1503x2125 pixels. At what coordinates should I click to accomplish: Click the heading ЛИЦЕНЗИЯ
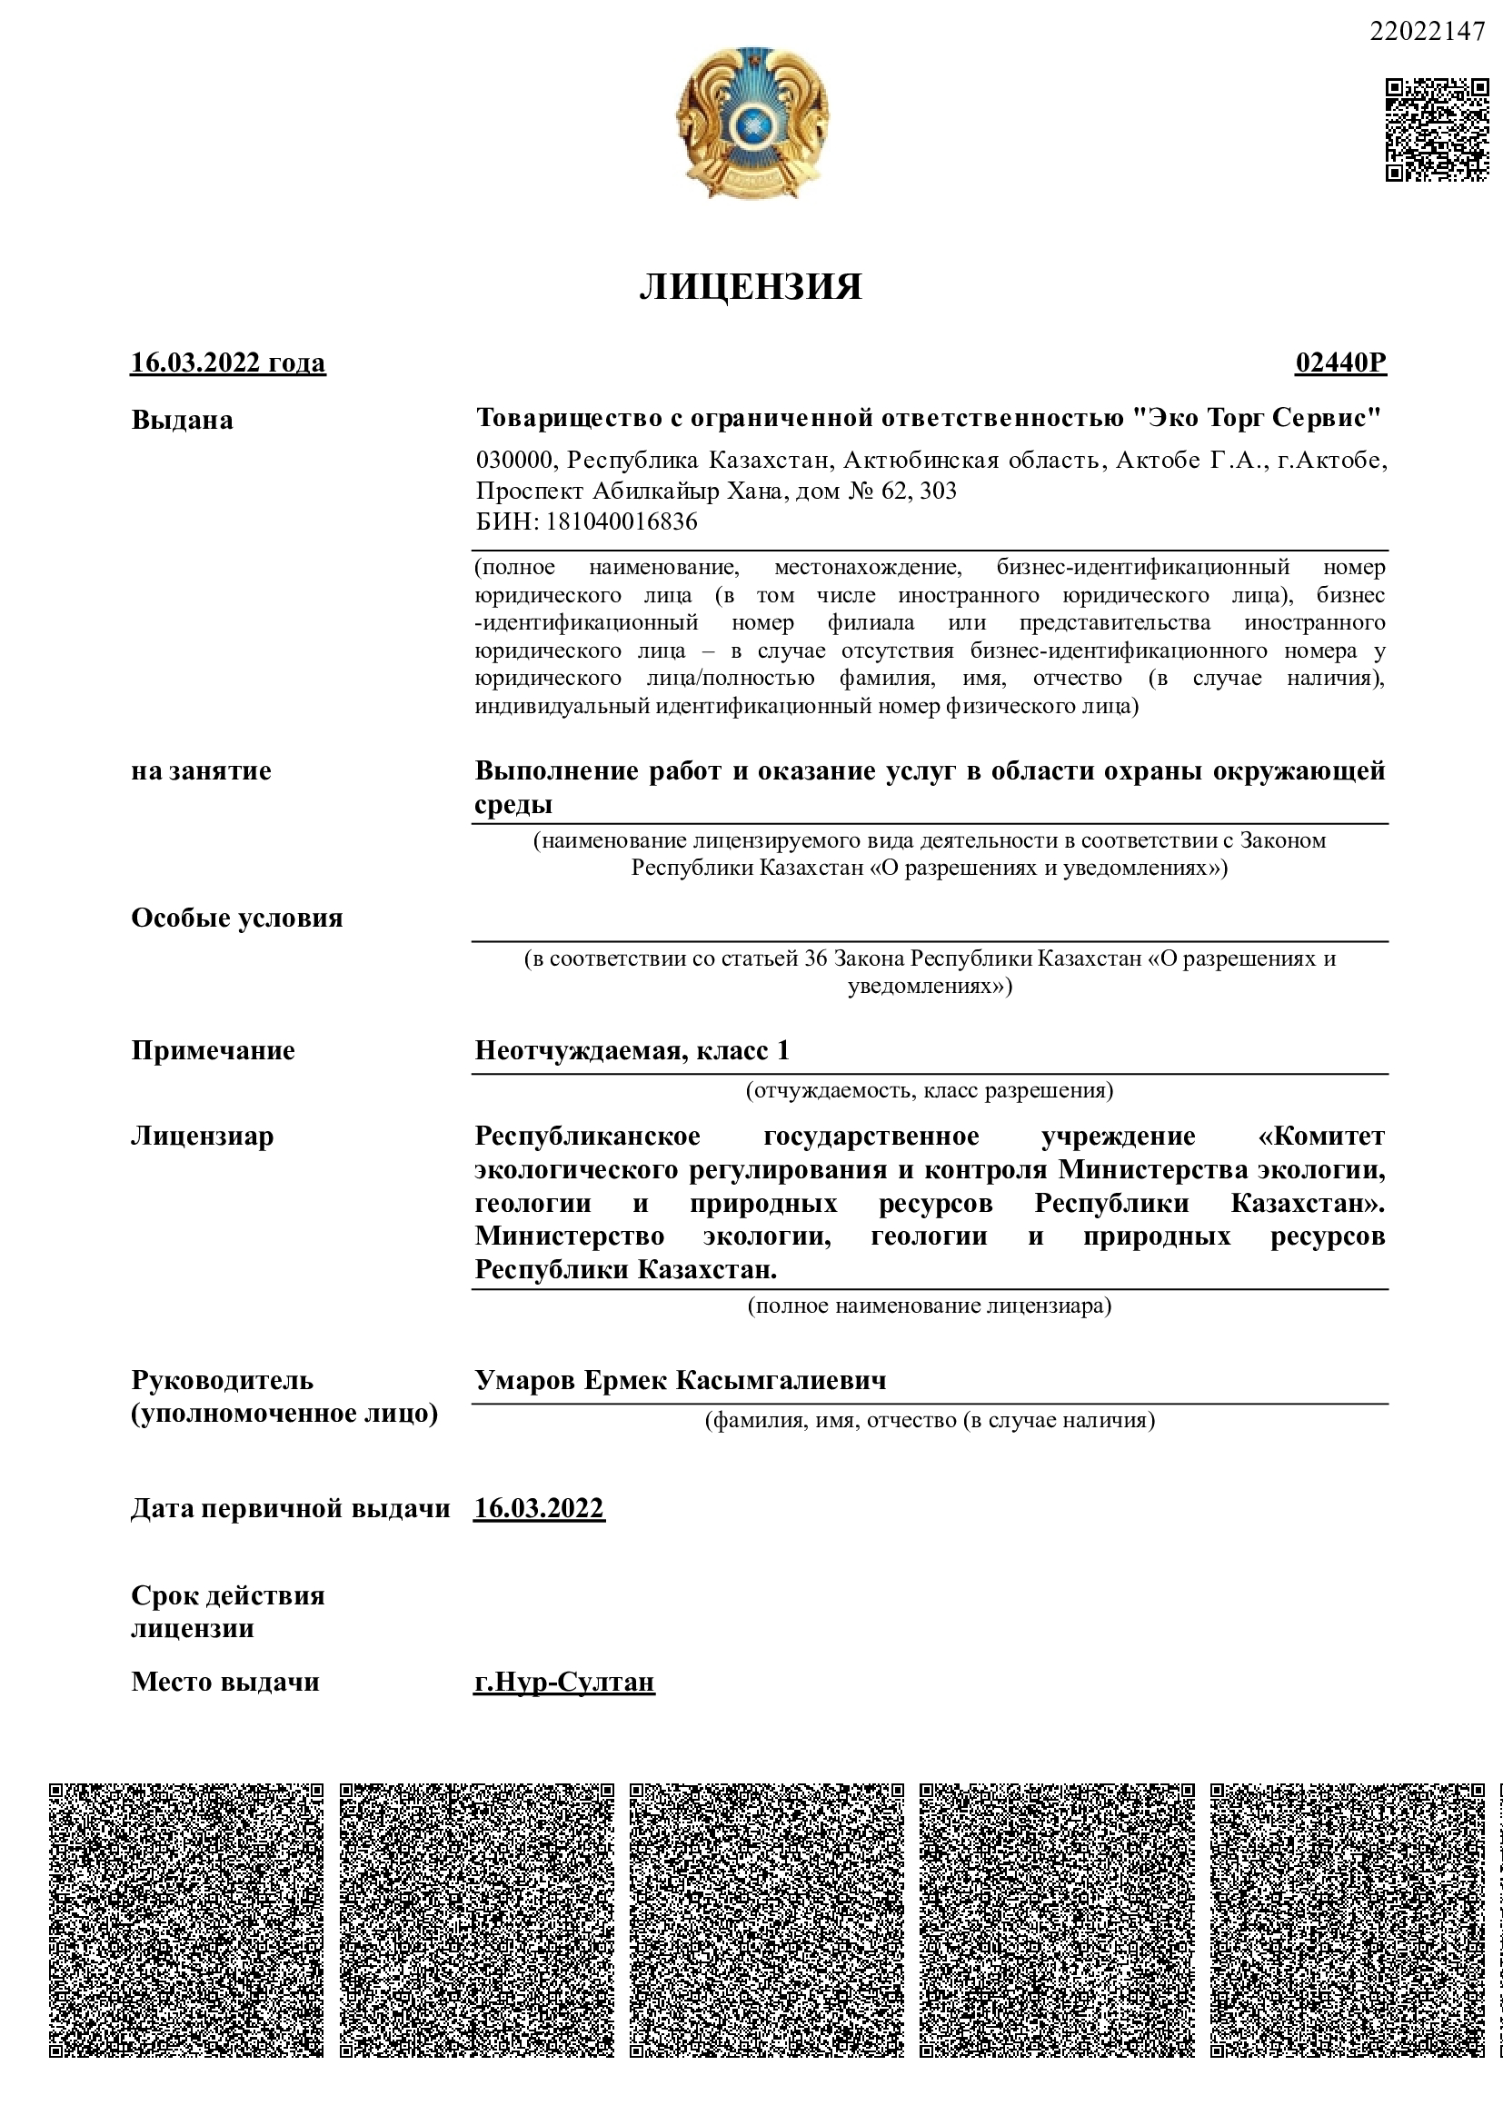750,287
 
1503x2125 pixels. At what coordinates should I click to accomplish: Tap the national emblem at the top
751,123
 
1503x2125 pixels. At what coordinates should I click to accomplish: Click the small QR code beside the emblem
1437,131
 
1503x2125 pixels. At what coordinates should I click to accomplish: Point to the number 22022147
1426,32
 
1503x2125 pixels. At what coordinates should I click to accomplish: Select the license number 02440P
1340,362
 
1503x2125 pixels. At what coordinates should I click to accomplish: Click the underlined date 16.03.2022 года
228,362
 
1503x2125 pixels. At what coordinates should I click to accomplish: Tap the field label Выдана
183,421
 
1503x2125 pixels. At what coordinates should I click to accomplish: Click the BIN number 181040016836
621,522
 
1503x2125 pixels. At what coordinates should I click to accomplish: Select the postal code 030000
514,460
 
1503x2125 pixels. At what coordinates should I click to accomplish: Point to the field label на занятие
201,771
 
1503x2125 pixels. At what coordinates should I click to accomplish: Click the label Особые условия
237,919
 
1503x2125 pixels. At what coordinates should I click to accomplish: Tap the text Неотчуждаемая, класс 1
632,1050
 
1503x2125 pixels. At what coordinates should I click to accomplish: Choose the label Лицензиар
203,1136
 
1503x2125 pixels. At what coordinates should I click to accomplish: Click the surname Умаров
525,1381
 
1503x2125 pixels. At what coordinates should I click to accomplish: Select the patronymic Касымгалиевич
780,1381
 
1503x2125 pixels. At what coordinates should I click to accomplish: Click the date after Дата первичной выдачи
540,1509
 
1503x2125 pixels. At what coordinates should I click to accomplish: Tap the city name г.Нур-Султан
563,1682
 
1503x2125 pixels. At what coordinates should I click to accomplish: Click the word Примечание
213,1050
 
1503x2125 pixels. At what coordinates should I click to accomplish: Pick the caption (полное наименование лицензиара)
930,1306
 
